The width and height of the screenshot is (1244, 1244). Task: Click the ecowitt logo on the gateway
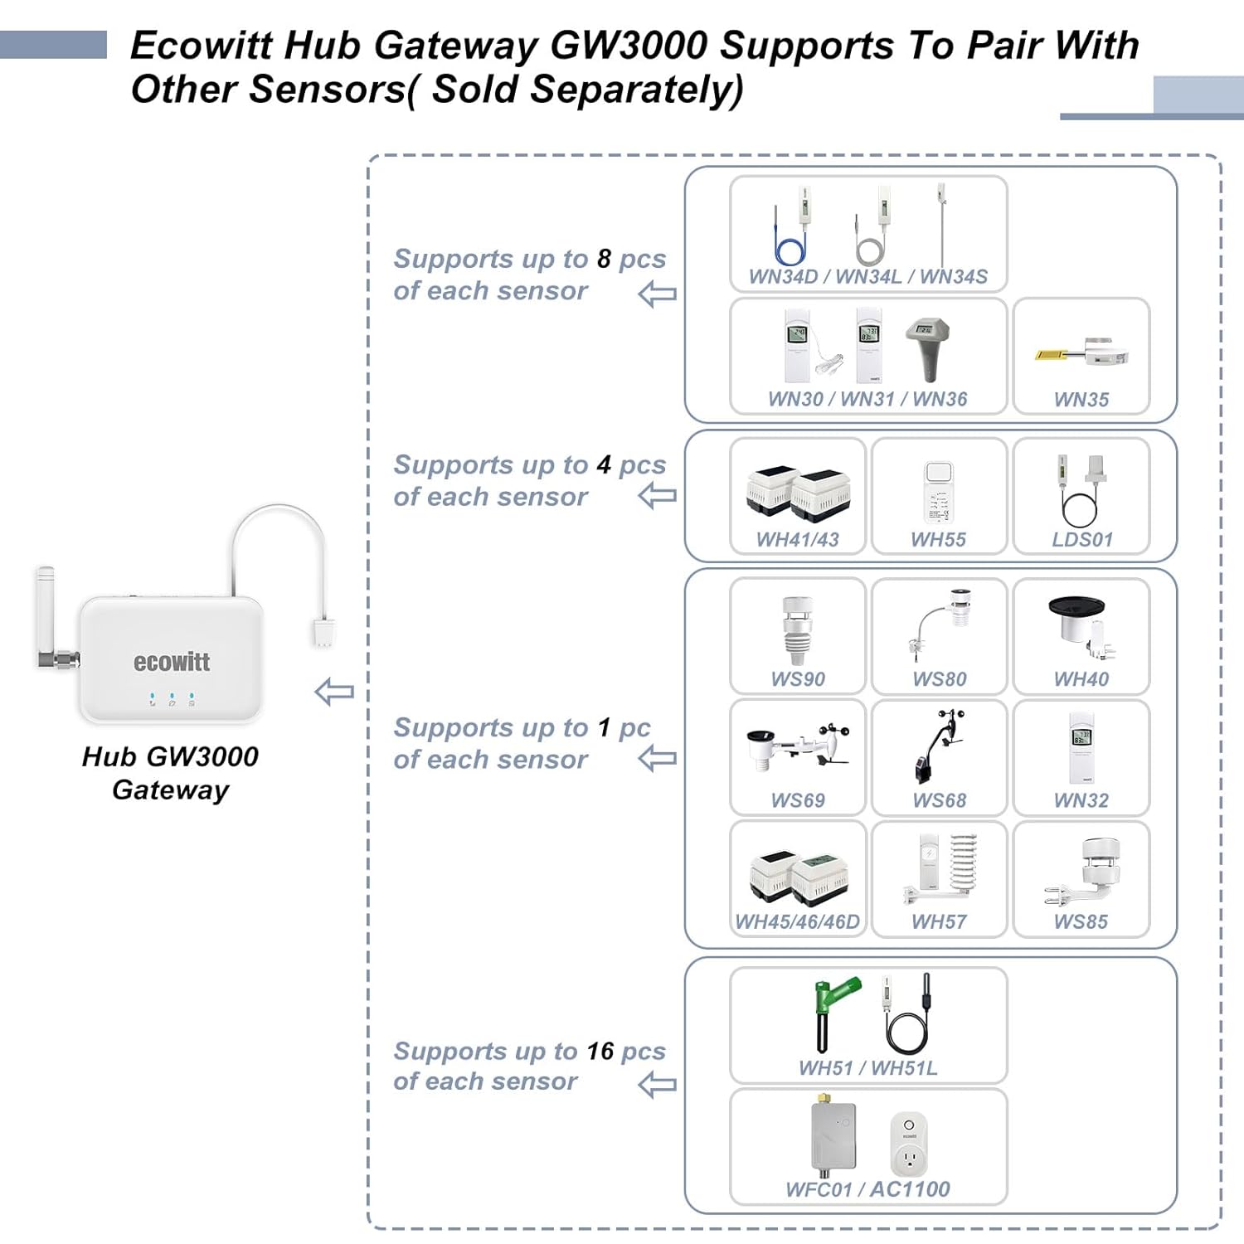[171, 662]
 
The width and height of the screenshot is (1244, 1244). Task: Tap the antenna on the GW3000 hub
[46, 614]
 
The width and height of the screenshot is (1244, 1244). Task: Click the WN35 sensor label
[1081, 400]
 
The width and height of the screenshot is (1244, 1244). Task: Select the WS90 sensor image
[797, 630]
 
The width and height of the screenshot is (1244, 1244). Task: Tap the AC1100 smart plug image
[909, 1144]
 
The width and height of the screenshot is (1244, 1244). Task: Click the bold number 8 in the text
[604, 259]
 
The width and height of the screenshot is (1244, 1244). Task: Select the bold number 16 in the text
[600, 1051]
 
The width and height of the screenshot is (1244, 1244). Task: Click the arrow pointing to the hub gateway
[334, 692]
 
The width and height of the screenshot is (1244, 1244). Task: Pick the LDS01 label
[1081, 540]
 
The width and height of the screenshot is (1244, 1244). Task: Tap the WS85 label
[1081, 921]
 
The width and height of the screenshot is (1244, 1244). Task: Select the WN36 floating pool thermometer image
[926, 347]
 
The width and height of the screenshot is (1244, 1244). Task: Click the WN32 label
[1081, 800]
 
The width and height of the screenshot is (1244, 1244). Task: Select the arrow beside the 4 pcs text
[658, 497]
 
